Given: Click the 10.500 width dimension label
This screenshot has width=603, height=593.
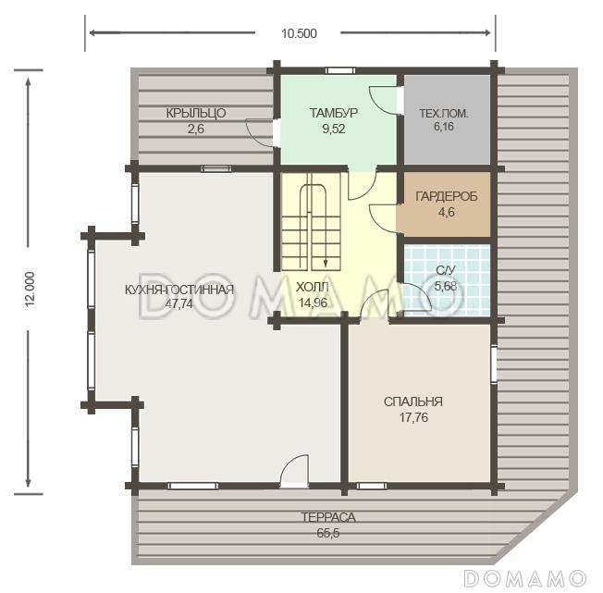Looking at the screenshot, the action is pyautogui.click(x=300, y=33).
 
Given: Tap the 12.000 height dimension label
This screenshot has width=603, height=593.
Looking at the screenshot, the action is pyautogui.click(x=30, y=289).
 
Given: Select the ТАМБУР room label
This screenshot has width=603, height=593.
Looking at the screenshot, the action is pyautogui.click(x=334, y=113).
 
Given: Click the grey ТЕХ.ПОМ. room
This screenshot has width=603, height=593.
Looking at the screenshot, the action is pyautogui.click(x=447, y=119).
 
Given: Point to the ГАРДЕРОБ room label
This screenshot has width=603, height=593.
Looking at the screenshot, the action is pyautogui.click(x=447, y=196).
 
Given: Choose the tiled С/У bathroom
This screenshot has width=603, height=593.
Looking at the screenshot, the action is pyautogui.click(x=447, y=280).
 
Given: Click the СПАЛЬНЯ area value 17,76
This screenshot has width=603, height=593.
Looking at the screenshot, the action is pyautogui.click(x=413, y=417).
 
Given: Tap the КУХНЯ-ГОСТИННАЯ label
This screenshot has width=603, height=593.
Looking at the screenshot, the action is pyautogui.click(x=179, y=290).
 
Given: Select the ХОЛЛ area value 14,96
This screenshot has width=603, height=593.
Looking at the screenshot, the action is pyautogui.click(x=313, y=303).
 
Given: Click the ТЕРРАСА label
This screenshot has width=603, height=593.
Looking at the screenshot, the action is pyautogui.click(x=328, y=517).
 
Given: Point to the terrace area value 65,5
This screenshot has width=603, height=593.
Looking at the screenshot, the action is pyautogui.click(x=328, y=533).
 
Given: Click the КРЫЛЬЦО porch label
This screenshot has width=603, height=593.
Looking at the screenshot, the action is pyautogui.click(x=196, y=113).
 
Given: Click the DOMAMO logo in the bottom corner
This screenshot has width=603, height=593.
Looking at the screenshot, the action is pyautogui.click(x=525, y=578).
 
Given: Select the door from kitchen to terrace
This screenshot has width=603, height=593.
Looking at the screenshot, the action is pyautogui.click(x=294, y=471).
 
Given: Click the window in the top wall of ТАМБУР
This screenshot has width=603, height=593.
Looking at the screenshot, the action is pyautogui.click(x=339, y=70).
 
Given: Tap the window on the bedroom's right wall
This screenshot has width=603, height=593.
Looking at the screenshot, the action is pyautogui.click(x=494, y=364).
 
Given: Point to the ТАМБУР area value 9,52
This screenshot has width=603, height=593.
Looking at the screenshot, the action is pyautogui.click(x=334, y=129).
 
